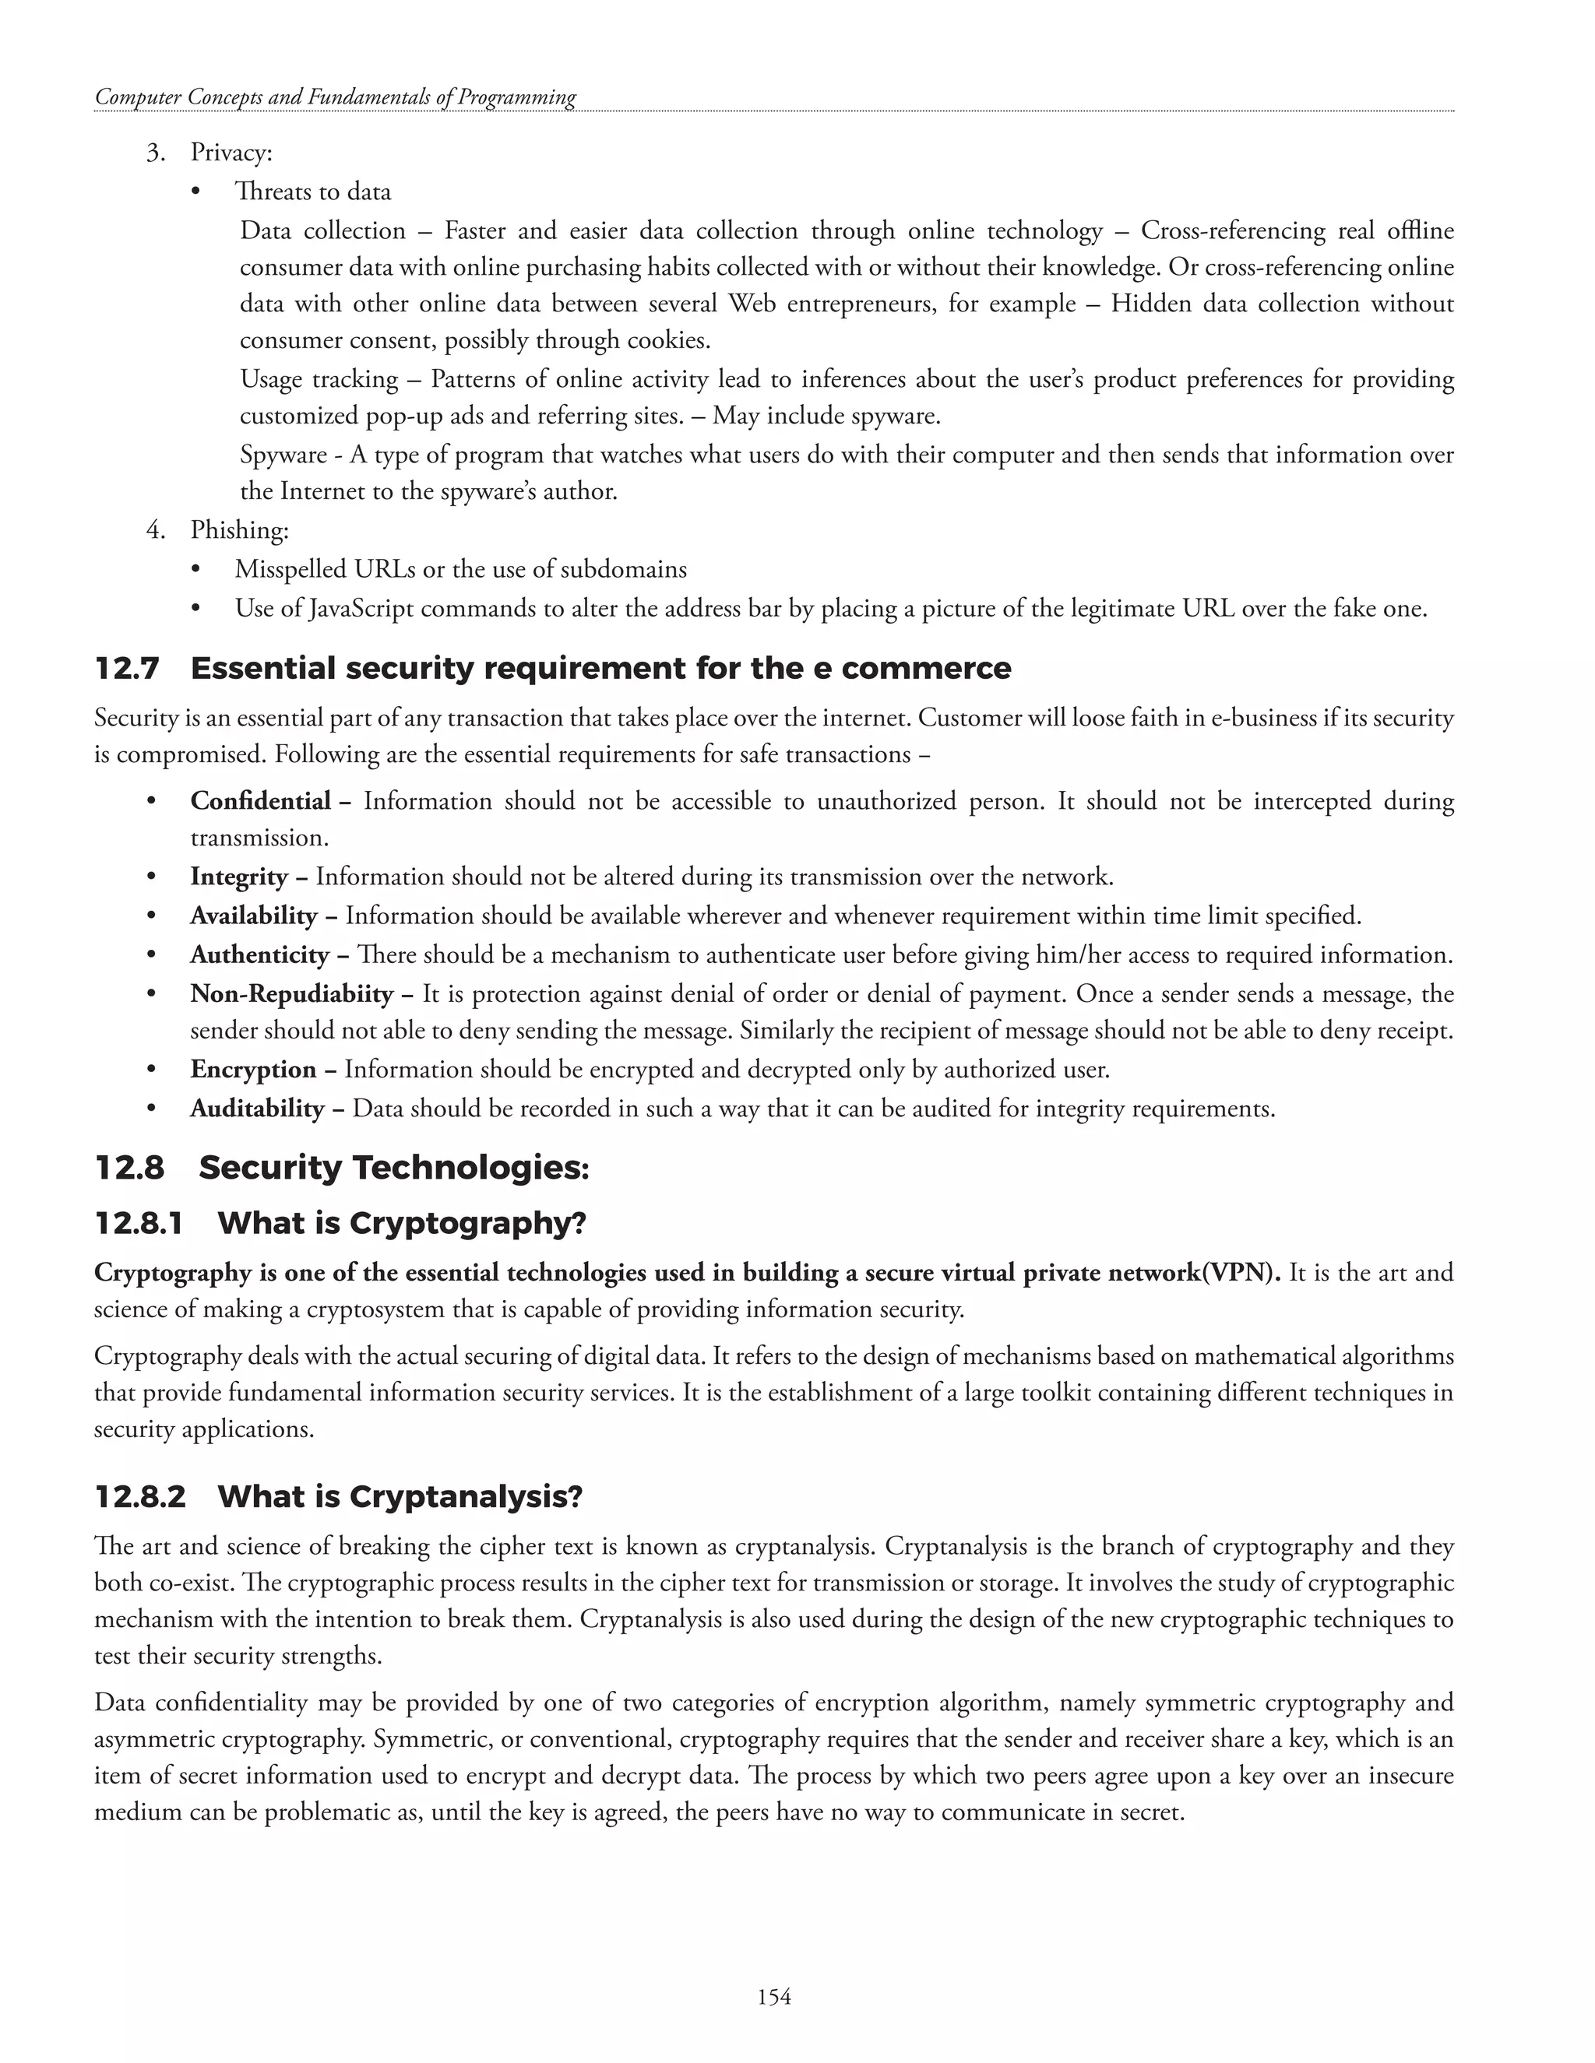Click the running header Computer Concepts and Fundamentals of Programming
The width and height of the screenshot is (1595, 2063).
coord(336,97)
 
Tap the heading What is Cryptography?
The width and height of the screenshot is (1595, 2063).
coord(402,1223)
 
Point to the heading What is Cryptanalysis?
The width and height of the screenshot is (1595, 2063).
coord(400,1497)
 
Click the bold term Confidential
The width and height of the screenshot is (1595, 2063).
coord(260,801)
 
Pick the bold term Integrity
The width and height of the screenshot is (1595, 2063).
coord(238,877)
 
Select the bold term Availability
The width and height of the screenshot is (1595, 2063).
coord(253,916)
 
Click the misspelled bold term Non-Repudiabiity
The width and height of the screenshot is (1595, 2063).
coord(291,993)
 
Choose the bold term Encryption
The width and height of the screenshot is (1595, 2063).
coord(253,1070)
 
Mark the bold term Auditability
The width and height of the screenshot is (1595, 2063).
coord(257,1108)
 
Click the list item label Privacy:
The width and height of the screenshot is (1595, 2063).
coord(231,152)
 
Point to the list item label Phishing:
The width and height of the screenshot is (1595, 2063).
coord(239,531)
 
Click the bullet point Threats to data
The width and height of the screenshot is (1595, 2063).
coord(313,192)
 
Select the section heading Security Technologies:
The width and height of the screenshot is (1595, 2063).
coord(394,1169)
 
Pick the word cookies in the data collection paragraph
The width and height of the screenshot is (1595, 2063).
coord(667,340)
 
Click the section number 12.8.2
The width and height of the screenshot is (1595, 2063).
coord(140,1497)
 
